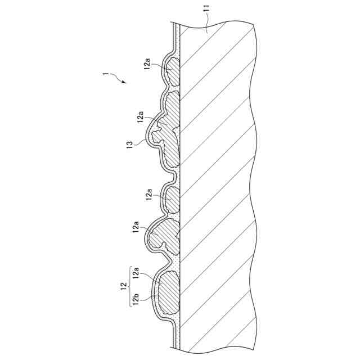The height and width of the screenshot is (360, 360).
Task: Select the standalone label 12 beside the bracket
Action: [x=123, y=286]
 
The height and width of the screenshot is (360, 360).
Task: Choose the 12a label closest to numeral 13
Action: [x=141, y=119]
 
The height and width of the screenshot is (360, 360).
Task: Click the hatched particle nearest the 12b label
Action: [x=166, y=292]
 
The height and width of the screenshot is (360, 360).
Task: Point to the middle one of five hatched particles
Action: [x=172, y=198]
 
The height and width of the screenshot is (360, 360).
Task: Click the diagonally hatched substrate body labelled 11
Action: [x=219, y=186]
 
